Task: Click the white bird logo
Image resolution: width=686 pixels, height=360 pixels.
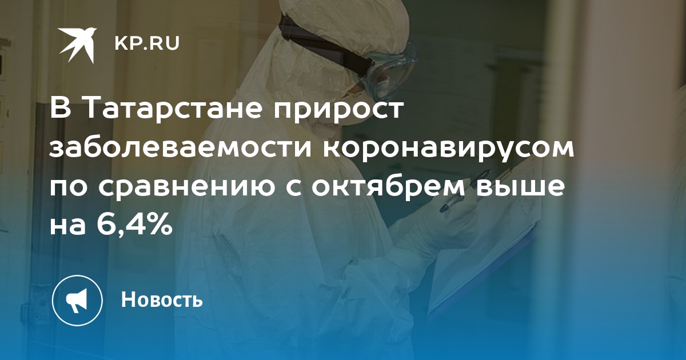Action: pyautogui.click(x=78, y=45)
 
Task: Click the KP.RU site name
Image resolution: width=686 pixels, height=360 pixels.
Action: pyautogui.click(x=147, y=43)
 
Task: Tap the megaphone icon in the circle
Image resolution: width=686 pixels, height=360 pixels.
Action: pyautogui.click(x=77, y=300)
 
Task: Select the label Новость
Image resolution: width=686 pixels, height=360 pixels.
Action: pyautogui.click(x=162, y=299)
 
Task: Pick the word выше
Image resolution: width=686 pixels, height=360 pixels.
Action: pyautogui.click(x=520, y=187)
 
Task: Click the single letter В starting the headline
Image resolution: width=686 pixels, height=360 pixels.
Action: pyautogui.click(x=61, y=109)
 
